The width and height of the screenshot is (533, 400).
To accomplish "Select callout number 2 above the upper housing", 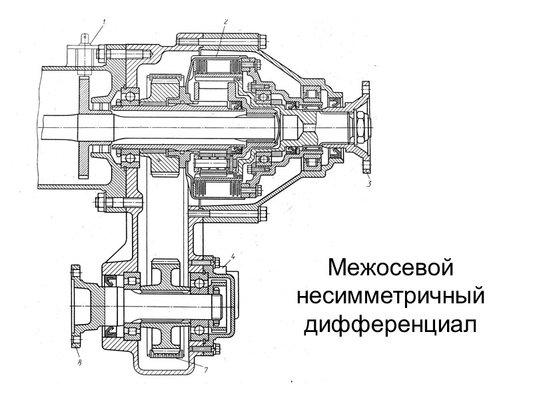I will pos(226,21).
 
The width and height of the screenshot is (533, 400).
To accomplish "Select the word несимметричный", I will pos(390,296).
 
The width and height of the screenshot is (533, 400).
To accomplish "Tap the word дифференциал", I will pos(391,325).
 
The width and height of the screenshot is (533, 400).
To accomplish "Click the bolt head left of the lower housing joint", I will pos(100,200).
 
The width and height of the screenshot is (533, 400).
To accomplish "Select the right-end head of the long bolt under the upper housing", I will pos(263,214).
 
